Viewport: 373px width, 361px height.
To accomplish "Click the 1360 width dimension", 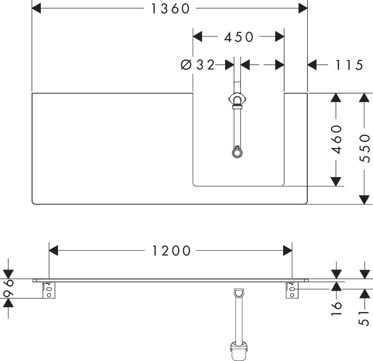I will point(170,8).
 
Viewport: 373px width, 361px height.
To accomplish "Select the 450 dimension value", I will point(239,37).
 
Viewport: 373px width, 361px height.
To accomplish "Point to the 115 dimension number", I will point(349,65).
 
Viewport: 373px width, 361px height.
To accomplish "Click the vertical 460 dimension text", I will point(337,139).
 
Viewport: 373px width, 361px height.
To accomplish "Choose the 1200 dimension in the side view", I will point(171,250).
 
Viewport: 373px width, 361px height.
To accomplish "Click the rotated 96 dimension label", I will point(9,288).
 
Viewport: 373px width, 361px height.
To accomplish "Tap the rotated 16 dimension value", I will point(337,309).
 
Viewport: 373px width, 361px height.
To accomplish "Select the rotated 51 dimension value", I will point(365,317).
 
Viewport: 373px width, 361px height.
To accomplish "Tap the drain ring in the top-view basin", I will point(237,152).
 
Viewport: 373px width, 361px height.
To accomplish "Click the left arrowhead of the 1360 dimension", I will point(37,8).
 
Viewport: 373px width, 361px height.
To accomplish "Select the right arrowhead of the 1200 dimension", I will point(288,250).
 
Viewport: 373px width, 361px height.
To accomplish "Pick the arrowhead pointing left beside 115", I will point(312,65).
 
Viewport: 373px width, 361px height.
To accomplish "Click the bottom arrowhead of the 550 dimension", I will point(365,199).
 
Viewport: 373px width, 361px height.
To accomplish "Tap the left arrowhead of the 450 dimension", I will point(197,37).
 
